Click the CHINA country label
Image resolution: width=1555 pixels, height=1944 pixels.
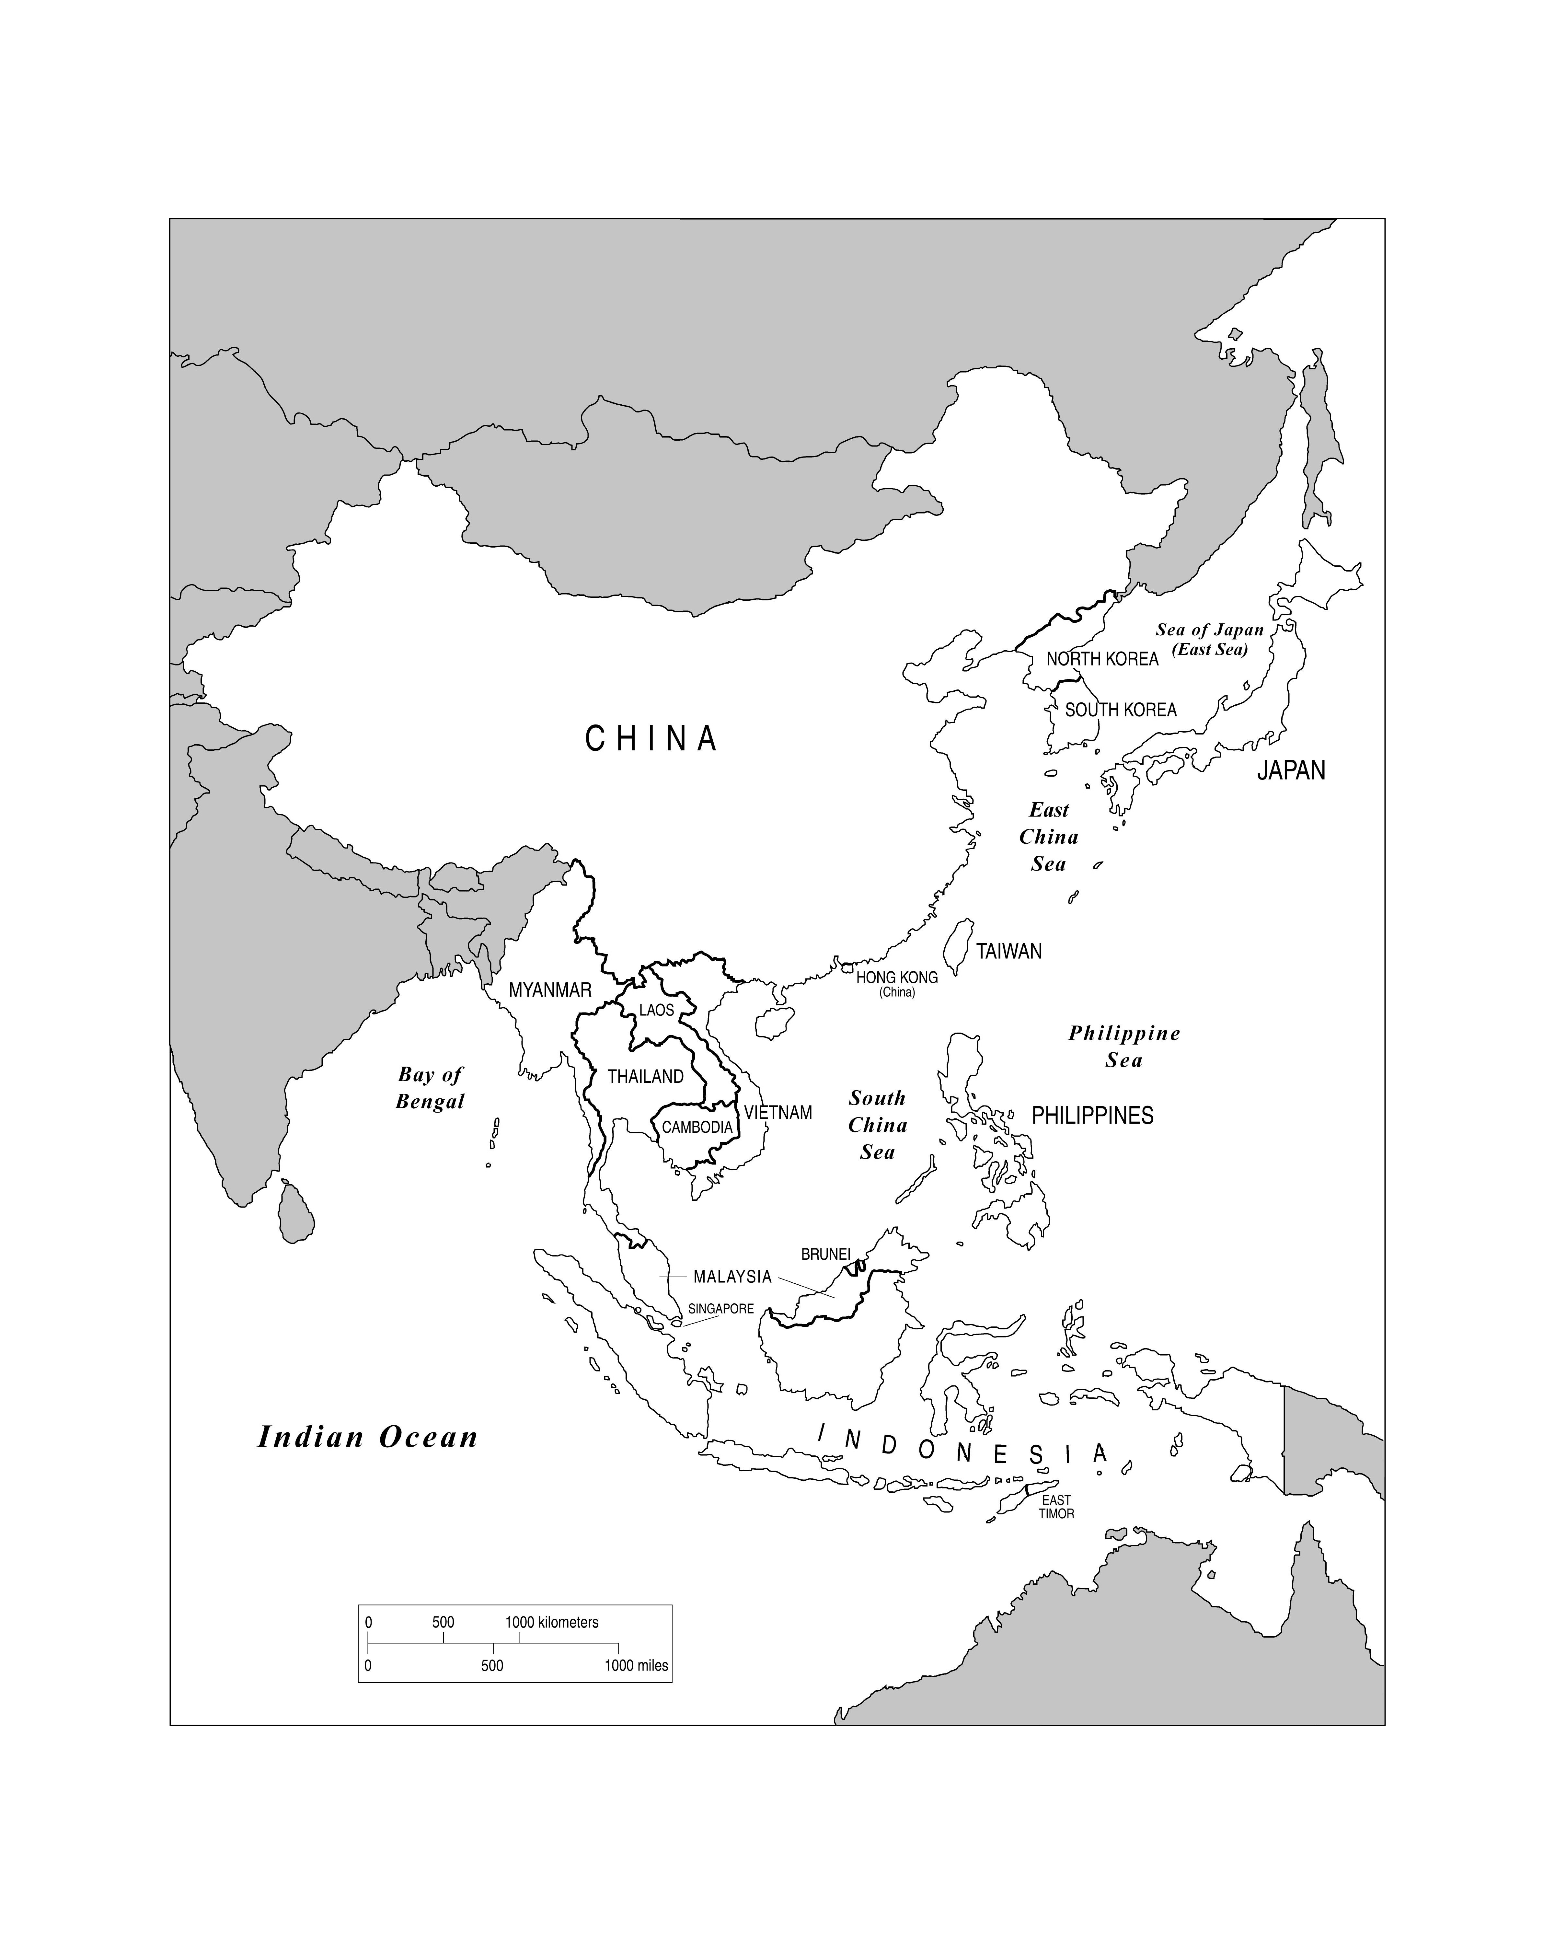pyautogui.click(x=651, y=739)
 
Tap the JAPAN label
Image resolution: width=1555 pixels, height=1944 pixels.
pyautogui.click(x=1291, y=770)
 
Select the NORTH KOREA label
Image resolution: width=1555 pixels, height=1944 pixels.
pyautogui.click(x=1101, y=659)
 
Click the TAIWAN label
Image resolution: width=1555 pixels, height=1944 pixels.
pyautogui.click(x=1009, y=951)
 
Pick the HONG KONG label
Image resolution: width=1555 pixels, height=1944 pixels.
pyautogui.click(x=897, y=978)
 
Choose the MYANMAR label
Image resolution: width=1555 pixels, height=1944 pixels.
pyautogui.click(x=550, y=990)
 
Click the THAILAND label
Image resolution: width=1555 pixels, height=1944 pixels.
pyautogui.click(x=645, y=1077)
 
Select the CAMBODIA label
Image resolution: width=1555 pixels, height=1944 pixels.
pyautogui.click(x=697, y=1127)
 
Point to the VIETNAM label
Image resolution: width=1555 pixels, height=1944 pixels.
pyautogui.click(x=778, y=1113)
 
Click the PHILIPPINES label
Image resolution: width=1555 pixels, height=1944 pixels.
pyautogui.click(x=1093, y=1116)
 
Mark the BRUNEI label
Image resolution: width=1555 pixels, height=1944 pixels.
pyautogui.click(x=826, y=1254)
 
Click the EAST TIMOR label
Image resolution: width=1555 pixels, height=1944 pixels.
pyautogui.click(x=1056, y=1507)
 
